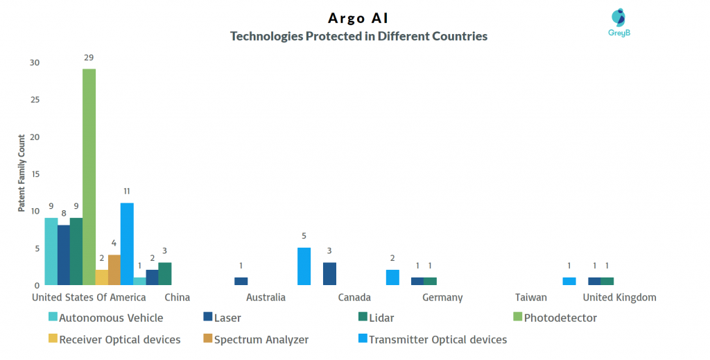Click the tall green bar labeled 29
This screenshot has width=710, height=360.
click(89, 177)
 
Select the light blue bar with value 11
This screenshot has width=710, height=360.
click(127, 244)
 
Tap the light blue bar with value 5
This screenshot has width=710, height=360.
click(304, 266)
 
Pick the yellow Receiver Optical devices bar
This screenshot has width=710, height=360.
click(102, 277)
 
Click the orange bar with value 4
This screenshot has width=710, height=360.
click(114, 270)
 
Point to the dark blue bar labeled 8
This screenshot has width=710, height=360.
click(63, 255)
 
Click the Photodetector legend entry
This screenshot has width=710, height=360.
click(555, 318)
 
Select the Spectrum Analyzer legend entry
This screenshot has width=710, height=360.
click(256, 339)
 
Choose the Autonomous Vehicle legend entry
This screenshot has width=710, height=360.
click(106, 318)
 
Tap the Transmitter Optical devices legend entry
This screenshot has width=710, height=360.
click(433, 339)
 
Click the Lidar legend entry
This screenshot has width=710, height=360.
click(376, 318)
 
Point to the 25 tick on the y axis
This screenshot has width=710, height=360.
click(35, 100)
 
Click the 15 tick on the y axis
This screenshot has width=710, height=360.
click(35, 174)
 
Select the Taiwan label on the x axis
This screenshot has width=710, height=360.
click(530, 298)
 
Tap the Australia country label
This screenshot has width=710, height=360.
click(266, 298)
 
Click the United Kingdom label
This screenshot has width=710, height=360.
click(619, 298)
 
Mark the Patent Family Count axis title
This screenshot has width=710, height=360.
click(21, 173)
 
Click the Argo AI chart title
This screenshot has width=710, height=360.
click(358, 18)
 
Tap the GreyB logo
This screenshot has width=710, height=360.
click(619, 22)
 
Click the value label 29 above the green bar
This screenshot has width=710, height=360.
click(89, 58)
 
